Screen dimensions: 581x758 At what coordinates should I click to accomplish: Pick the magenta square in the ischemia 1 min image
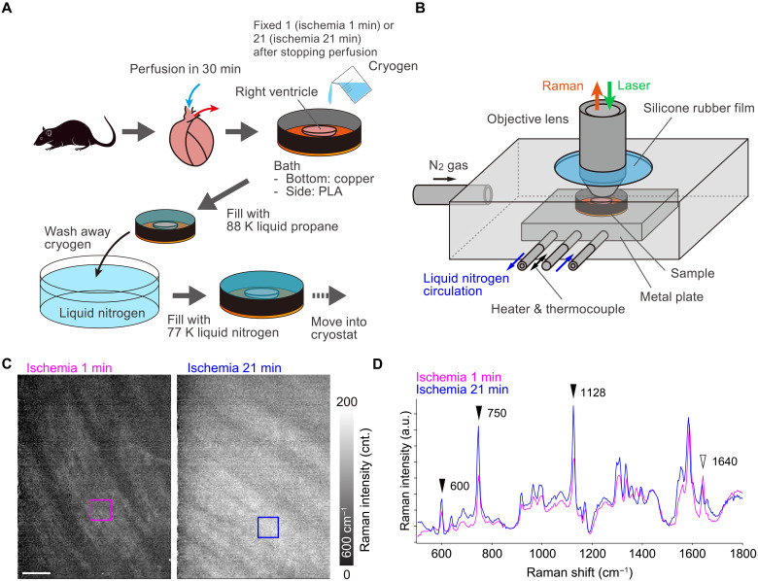[x=101, y=509]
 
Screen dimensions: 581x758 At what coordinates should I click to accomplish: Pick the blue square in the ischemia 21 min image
[x=268, y=527]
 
